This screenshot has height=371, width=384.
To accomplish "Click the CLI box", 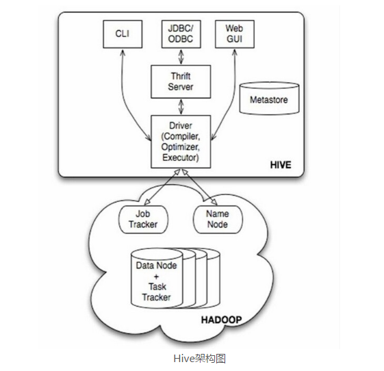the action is click(123, 34).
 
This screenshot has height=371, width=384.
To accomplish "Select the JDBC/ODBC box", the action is click(181, 34).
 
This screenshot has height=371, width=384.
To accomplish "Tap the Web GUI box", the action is click(235, 34).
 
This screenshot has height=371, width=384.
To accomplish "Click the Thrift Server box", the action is click(181, 81).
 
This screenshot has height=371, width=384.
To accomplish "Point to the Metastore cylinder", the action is click(269, 99).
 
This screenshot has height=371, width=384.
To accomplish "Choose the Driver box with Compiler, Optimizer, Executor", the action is click(181, 142).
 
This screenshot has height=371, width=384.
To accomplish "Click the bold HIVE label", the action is click(281, 165).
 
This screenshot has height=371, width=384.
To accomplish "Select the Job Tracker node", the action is click(143, 219).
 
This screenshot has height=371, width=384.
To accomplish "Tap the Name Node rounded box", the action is click(218, 219).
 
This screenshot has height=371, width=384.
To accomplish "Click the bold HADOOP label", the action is click(221, 320).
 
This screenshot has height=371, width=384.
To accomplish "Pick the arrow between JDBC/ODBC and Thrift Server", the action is click(181, 57).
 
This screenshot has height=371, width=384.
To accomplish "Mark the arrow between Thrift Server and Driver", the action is click(181, 107).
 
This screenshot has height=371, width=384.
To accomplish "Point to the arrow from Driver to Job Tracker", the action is click(162, 187).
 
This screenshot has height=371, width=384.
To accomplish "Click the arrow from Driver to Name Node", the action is click(199, 187).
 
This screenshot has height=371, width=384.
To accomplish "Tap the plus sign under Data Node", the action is click(156, 277).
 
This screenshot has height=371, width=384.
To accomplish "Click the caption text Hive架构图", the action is click(200, 359).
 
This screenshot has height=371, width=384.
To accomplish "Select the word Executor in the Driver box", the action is click(181, 157).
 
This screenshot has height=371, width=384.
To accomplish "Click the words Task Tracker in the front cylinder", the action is click(157, 292).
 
